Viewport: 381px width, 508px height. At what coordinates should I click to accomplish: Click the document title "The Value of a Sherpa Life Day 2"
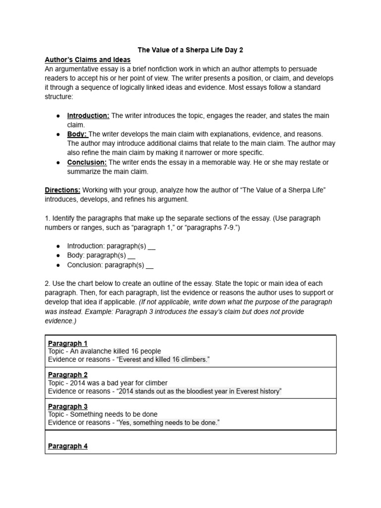[190, 50]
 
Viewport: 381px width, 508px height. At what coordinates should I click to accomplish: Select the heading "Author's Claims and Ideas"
[88, 60]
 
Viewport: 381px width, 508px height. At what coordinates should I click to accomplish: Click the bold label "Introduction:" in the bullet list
[88, 116]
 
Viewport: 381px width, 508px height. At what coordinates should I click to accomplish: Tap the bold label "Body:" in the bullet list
[77, 134]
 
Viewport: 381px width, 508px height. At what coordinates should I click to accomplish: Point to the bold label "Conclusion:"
[87, 162]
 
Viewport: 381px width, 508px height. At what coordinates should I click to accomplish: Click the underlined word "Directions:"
[63, 190]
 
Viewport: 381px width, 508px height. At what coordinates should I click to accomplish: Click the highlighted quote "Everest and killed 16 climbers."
[163, 359]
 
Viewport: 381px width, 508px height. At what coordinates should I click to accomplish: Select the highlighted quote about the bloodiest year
[199, 391]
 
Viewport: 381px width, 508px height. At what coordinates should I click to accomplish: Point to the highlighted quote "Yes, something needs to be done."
[168, 423]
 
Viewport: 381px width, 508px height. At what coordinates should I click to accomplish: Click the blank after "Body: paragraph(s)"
[131, 255]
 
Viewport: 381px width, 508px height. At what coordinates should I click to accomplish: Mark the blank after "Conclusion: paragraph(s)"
[150, 265]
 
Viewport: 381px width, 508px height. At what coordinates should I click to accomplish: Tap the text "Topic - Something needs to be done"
[103, 414]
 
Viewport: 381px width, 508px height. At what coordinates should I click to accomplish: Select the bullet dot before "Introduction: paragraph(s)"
[58, 246]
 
